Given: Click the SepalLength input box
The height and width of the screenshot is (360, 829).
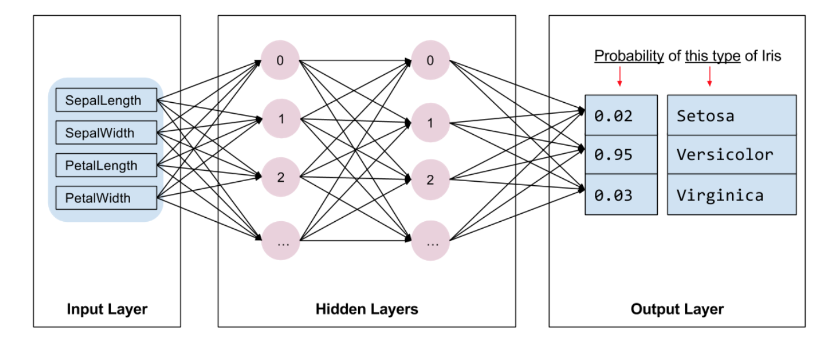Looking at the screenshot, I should [106, 100].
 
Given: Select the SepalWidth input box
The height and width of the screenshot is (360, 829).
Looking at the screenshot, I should [106, 132].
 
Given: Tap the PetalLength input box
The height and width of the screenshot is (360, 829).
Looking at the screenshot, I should [106, 165].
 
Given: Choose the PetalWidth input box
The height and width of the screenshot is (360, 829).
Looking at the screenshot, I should [106, 198].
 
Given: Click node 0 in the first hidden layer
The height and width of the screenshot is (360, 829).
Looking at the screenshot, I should [280, 60].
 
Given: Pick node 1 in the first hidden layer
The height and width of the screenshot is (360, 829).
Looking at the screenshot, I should [280, 120].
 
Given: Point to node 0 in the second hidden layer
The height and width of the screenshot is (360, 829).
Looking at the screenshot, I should [430, 60].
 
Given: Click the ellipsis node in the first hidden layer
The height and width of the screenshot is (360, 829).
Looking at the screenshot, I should [280, 242].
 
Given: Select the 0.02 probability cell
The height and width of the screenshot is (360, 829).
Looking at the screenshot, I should [621, 116].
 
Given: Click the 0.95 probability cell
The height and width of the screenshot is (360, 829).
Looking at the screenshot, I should [621, 154].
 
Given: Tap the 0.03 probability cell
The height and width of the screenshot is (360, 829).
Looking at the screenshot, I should [621, 195].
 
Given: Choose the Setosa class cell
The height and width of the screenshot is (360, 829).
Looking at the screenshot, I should [731, 116].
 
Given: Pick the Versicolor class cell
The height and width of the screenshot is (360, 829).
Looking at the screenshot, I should [731, 154].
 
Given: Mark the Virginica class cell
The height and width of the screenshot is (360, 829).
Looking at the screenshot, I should [731, 195].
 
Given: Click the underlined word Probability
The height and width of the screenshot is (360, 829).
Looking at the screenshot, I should [629, 56].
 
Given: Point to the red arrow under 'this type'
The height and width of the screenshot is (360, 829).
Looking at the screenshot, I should [709, 77].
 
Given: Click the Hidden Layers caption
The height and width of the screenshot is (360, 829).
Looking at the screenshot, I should [367, 309].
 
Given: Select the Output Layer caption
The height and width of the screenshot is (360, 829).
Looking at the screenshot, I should [677, 309].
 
